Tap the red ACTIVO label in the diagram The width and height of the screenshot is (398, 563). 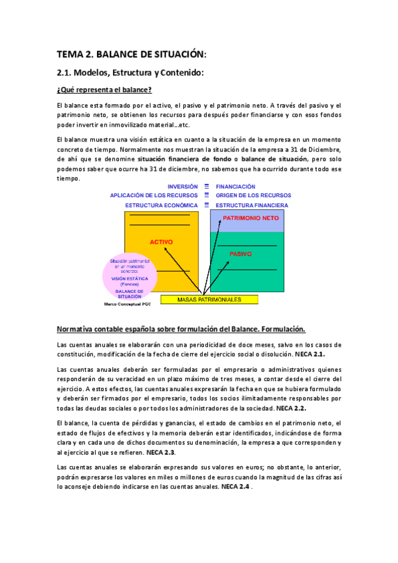[161, 242]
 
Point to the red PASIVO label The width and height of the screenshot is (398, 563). [241, 254]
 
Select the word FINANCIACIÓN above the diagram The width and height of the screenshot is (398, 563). [235, 187]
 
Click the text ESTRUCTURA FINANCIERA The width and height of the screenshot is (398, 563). [252, 205]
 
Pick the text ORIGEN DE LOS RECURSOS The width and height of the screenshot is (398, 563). [249, 196]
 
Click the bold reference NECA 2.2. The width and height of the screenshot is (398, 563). [290, 408]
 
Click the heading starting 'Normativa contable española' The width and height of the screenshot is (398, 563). [181, 329]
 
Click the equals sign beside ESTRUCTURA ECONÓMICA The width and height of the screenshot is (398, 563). [207, 205]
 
